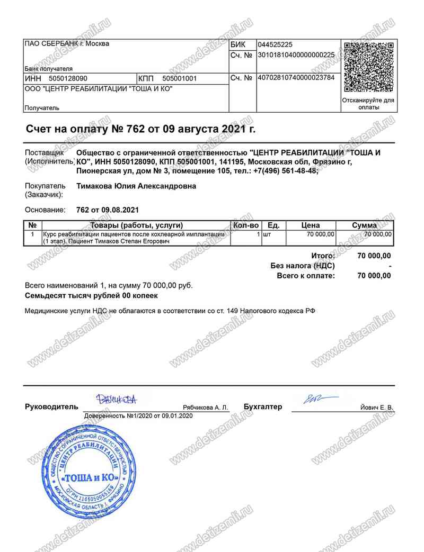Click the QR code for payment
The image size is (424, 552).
[369, 67]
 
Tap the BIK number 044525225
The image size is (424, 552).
[275, 44]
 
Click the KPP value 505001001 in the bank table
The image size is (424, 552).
[179, 78]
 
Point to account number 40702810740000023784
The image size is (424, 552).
[296, 77]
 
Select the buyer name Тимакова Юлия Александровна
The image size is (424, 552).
[136, 186]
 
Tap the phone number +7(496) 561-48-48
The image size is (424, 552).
[286, 171]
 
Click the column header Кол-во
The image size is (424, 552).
[246, 225]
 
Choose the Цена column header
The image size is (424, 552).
[311, 225]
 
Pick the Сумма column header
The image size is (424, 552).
[365, 225]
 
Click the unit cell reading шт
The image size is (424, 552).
[267, 233]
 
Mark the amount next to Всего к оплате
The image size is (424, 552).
[374, 276]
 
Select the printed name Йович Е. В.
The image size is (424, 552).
[376, 408]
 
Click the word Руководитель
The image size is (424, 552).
[51, 407]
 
